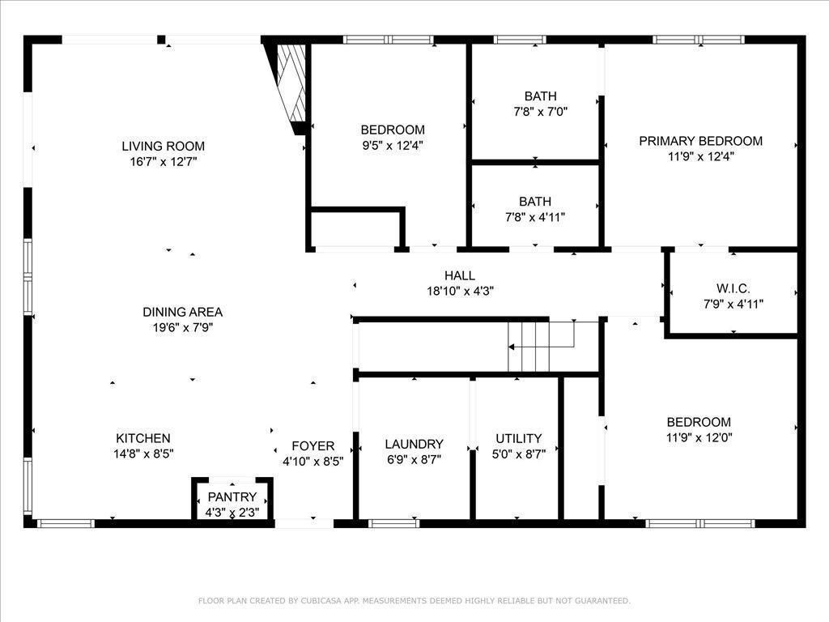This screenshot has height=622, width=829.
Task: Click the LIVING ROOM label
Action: click(x=163, y=147)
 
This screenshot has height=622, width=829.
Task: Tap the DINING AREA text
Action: click(x=182, y=312)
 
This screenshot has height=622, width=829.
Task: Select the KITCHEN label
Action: click(x=142, y=438)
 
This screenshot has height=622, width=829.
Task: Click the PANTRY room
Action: click(x=232, y=497)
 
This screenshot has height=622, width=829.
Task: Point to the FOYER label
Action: click(x=312, y=446)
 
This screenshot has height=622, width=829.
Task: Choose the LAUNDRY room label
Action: click(x=414, y=444)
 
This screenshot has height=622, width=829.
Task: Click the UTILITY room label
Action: click(x=518, y=439)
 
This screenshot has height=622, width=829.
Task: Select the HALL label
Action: click(x=459, y=275)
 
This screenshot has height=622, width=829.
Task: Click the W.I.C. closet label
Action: click(x=733, y=288)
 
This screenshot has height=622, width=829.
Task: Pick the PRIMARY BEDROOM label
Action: click(x=700, y=141)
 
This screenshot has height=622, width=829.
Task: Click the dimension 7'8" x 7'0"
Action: click(x=540, y=112)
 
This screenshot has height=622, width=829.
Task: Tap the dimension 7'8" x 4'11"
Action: click(x=535, y=217)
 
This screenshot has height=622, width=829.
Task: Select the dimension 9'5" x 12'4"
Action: click(x=393, y=146)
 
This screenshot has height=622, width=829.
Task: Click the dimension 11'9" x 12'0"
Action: click(x=699, y=438)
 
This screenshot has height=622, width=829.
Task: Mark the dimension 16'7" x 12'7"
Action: click(x=163, y=162)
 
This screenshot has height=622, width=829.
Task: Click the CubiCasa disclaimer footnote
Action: click(x=414, y=601)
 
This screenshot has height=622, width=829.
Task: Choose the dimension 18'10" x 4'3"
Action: click(x=459, y=292)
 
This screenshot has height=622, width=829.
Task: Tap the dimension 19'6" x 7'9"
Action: click(x=182, y=328)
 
